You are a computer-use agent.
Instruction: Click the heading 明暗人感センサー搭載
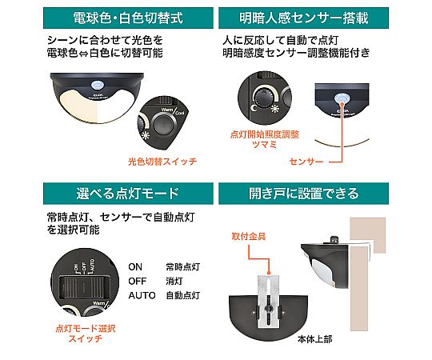click(323, 16)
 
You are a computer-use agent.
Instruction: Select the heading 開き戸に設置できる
click(323, 193)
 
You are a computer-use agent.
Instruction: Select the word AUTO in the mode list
click(141, 295)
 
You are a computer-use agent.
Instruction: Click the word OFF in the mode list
click(138, 280)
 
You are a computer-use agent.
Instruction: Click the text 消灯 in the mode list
click(174, 280)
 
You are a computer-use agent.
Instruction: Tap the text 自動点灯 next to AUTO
click(183, 295)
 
